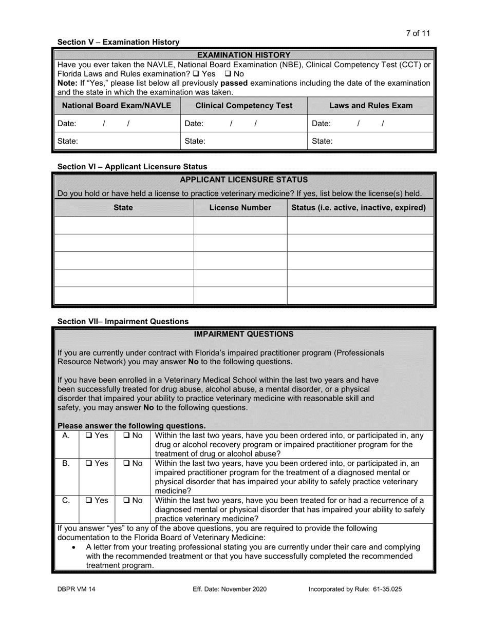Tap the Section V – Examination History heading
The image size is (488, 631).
coord(118,42)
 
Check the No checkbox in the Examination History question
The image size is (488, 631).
coord(228,74)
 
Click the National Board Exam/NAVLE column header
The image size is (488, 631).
coord(116,106)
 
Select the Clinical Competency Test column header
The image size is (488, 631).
coord(243,106)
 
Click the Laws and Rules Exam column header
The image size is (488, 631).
coord(370,106)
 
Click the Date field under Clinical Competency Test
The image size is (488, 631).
coord(243,124)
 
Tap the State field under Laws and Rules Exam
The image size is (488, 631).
coord(370,141)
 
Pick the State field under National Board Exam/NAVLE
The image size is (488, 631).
coord(116,141)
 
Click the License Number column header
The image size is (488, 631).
coord(240,208)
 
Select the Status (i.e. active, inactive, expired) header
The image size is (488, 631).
coord(359,208)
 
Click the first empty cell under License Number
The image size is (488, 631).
coord(240,225)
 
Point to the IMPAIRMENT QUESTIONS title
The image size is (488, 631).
coord(243,334)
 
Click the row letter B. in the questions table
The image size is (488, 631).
coord(66,464)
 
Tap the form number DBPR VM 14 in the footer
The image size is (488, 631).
coord(76,589)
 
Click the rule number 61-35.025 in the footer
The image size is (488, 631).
coord(385,589)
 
